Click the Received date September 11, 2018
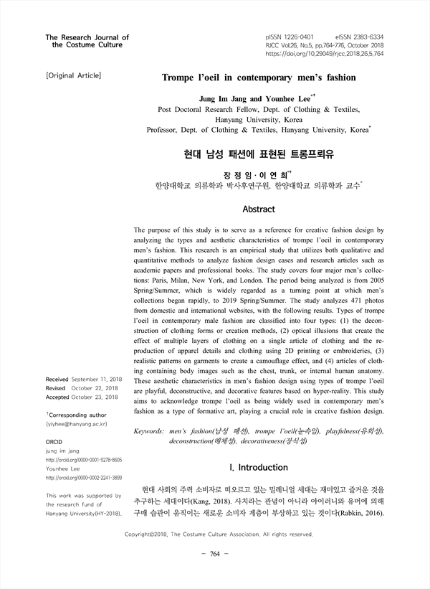[x=97, y=378]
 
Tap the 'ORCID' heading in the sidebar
[x=54, y=443]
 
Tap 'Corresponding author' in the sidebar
[x=77, y=415]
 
